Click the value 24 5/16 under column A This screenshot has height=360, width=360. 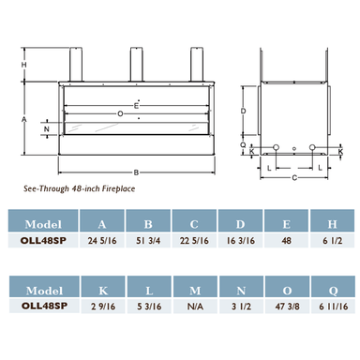click(102, 241)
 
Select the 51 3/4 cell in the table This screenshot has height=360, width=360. click(148, 241)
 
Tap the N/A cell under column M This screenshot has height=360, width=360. click(195, 307)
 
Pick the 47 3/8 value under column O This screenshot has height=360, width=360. click(287, 307)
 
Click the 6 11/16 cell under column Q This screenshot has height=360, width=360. click(333, 307)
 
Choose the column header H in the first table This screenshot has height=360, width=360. click(332, 224)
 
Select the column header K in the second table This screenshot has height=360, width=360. click(103, 291)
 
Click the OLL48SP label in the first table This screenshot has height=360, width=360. click(43, 241)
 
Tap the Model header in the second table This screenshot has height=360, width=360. click(44, 291)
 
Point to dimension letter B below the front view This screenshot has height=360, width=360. click(136, 172)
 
